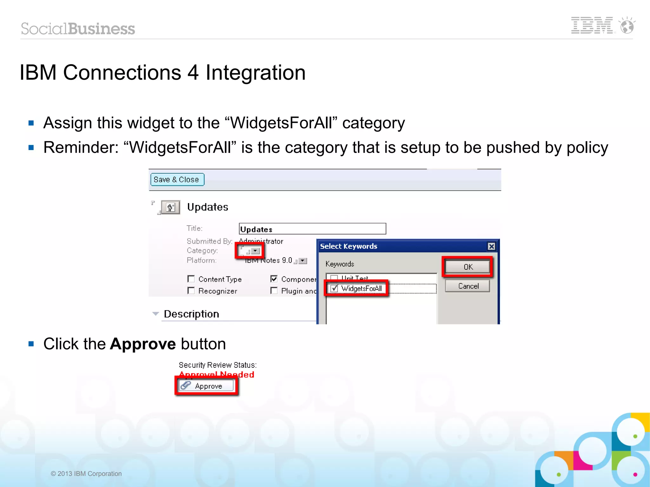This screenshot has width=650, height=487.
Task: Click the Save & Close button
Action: click(177, 180)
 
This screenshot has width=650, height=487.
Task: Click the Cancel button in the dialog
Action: click(468, 286)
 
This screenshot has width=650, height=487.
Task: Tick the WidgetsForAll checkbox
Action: click(334, 288)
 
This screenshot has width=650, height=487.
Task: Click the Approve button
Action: click(206, 386)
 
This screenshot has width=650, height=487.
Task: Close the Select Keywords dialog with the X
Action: click(491, 246)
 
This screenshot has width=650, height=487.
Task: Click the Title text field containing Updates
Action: click(312, 229)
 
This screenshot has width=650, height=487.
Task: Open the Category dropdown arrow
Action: click(255, 251)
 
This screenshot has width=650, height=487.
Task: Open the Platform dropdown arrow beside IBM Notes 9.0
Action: click(303, 261)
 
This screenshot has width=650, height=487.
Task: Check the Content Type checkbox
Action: click(191, 279)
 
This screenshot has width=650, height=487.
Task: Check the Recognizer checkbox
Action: click(191, 291)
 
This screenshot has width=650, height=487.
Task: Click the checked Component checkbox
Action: click(274, 279)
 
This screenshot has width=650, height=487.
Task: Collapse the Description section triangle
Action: click(156, 314)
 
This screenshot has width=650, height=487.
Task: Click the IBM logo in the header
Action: click(592, 25)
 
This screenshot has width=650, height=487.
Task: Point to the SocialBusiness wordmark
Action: click(78, 29)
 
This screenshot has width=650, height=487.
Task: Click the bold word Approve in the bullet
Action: click(143, 344)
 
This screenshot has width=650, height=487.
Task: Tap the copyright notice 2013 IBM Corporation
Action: click(86, 474)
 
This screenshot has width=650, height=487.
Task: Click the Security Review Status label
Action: click(218, 365)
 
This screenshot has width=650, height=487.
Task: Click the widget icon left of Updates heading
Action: click(170, 207)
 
